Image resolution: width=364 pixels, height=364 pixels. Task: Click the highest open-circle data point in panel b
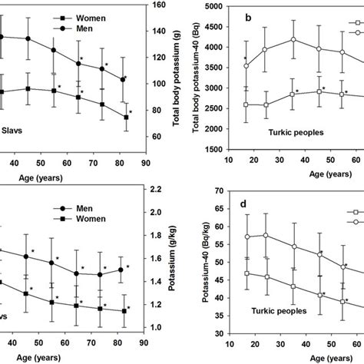tap(293, 39)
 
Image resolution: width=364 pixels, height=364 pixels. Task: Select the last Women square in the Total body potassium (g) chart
tap(125, 117)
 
